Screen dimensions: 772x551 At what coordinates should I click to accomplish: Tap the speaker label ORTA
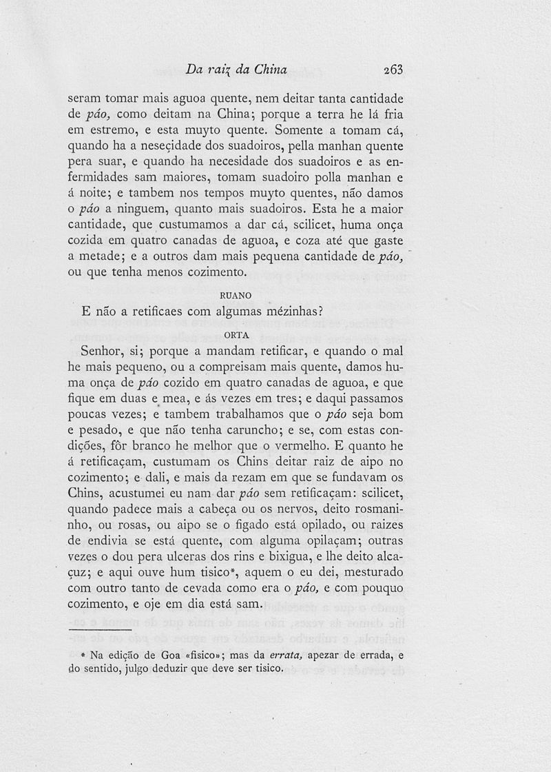coord(236,336)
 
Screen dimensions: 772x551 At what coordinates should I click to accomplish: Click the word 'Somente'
coord(300,130)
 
